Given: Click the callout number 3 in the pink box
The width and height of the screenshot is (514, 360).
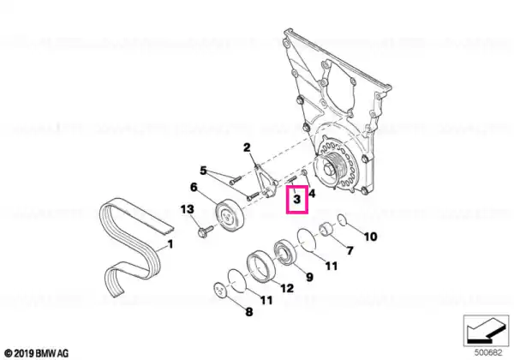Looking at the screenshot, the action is [296, 199].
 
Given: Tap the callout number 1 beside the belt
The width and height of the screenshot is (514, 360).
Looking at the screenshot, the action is [170, 244].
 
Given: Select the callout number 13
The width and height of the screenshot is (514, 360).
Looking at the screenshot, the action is [187, 209].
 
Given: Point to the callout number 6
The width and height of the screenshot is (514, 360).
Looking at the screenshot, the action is [194, 187].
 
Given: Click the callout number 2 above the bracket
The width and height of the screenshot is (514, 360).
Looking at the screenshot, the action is [247, 147].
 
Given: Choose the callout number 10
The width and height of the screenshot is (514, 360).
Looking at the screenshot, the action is [371, 237].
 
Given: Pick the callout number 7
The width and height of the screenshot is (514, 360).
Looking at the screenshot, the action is [350, 251].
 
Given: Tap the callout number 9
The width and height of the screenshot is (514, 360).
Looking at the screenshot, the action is [309, 277].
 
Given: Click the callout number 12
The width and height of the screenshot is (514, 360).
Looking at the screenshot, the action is [287, 288].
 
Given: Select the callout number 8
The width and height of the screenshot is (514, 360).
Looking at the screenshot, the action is [249, 311].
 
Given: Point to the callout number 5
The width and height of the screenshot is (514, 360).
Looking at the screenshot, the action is [203, 171].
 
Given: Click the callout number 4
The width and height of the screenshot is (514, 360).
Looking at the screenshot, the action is [312, 194].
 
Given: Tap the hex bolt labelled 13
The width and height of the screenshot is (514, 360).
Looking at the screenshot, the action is [206, 231].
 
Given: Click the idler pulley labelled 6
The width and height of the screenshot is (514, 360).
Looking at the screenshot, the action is [230, 216].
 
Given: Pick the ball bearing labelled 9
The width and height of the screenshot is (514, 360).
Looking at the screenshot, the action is [285, 252].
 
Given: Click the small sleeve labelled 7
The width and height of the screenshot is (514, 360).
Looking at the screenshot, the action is [327, 229].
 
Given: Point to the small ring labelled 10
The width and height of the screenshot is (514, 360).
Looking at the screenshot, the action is [341, 219].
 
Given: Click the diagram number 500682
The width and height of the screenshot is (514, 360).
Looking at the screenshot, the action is [488, 353].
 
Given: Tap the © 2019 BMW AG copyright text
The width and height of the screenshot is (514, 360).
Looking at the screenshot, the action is [37, 353].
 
